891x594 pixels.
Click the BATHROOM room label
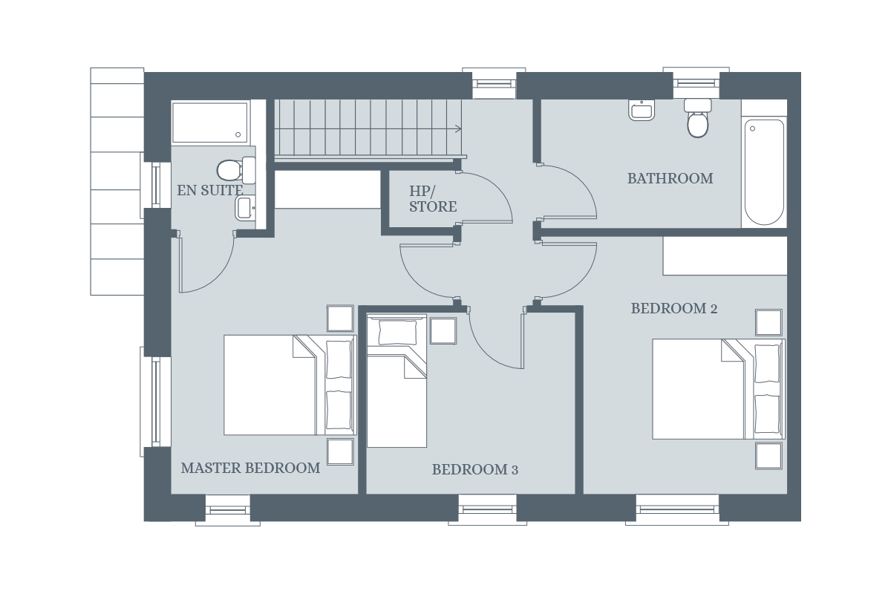(670, 178)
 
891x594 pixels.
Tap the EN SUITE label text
(209, 190)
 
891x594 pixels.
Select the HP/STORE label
(433, 199)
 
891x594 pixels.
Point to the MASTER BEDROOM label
(251, 468)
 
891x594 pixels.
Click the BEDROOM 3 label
(475, 469)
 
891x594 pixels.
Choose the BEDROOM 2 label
(674, 308)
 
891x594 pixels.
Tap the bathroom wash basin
(642, 110)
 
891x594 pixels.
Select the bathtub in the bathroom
(764, 172)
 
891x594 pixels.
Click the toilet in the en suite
(236, 170)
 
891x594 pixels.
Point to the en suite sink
(245, 208)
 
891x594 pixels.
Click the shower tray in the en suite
(209, 123)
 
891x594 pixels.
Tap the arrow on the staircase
(457, 128)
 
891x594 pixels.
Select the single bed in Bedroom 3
(396, 381)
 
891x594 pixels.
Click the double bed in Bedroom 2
(719, 389)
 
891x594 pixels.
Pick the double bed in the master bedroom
(290, 385)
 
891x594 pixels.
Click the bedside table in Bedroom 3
(443, 330)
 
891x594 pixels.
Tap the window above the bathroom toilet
(696, 82)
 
